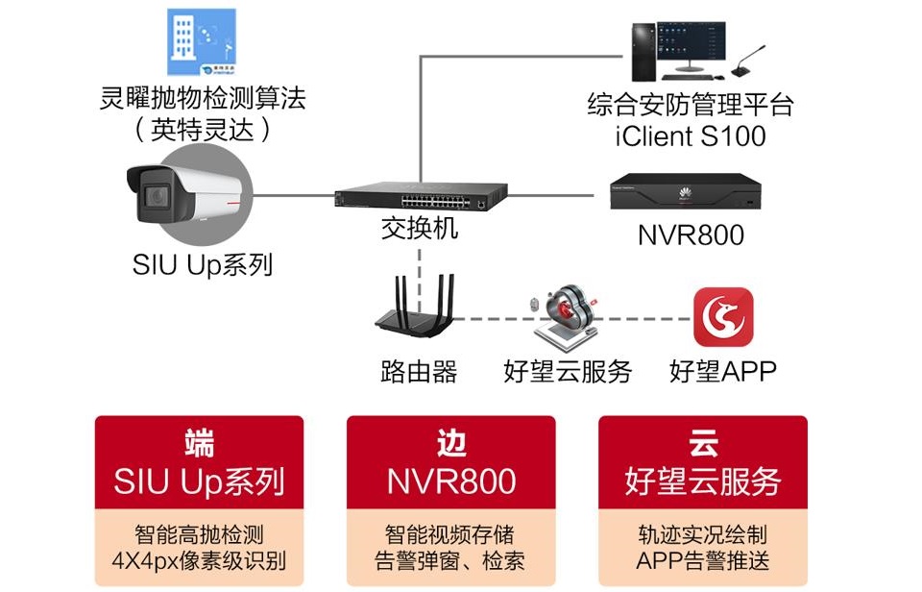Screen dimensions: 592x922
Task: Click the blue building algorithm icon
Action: click(x=202, y=41)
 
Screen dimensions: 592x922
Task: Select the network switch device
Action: click(x=419, y=199)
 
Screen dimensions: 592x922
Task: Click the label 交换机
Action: click(x=419, y=230)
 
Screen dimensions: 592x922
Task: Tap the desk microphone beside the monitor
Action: click(x=752, y=64)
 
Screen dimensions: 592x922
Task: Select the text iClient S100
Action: click(x=690, y=136)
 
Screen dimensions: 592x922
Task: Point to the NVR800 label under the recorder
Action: click(x=690, y=234)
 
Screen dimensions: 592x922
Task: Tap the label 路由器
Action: click(x=419, y=371)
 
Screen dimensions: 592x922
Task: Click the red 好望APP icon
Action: click(x=723, y=317)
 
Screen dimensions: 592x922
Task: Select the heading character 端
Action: click(x=200, y=443)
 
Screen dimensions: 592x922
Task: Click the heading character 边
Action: click(x=450, y=443)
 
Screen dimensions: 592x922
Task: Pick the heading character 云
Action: click(x=702, y=443)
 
